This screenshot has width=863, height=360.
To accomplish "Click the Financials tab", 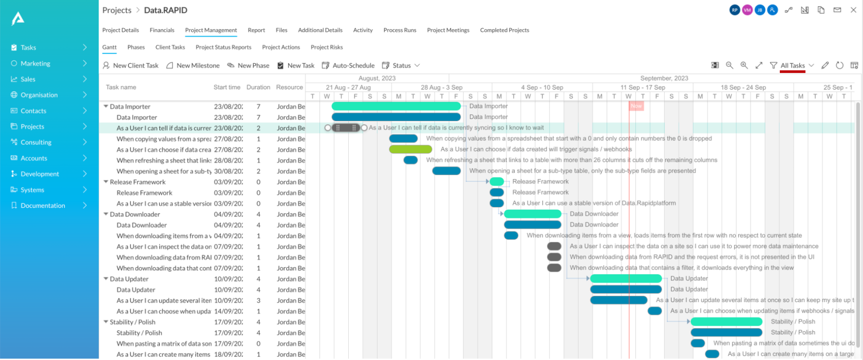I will (x=162, y=30).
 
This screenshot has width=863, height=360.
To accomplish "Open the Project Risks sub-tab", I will (x=327, y=47).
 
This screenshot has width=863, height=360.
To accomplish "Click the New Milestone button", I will (x=193, y=66).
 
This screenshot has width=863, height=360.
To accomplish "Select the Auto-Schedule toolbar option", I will (x=348, y=66).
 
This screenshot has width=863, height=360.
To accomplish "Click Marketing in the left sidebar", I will (x=35, y=64).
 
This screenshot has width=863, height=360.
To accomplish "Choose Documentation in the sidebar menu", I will (x=43, y=206).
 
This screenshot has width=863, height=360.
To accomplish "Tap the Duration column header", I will (x=258, y=87).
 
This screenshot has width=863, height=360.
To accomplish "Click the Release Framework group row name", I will (x=138, y=182).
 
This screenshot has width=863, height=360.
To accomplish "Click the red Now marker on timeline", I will (x=636, y=106).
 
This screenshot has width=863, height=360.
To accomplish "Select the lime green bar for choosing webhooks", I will (x=410, y=149).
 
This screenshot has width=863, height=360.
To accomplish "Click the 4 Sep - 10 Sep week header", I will (x=542, y=87).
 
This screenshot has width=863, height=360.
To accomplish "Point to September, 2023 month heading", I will (x=664, y=78).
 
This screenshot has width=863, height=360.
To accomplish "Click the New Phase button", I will (x=249, y=66).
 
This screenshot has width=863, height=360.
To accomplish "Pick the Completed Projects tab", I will (x=504, y=30).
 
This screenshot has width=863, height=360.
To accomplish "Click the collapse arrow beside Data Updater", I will (x=106, y=279).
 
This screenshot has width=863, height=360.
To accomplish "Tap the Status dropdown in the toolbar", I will (x=401, y=66).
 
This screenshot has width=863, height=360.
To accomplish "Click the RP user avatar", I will (x=735, y=10).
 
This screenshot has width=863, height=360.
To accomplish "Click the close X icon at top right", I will (x=853, y=10).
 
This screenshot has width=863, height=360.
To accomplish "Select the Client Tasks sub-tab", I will (x=170, y=47).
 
